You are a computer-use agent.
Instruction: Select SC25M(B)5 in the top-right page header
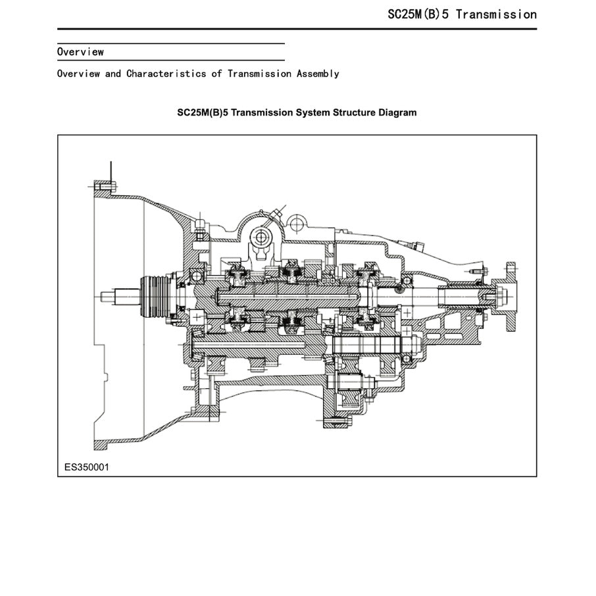418,14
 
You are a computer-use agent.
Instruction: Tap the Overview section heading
80,51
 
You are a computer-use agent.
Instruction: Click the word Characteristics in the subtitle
167,74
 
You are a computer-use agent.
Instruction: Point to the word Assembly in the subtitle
318,74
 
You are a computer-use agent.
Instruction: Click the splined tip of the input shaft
109,297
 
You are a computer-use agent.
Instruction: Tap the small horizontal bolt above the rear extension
476,271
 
